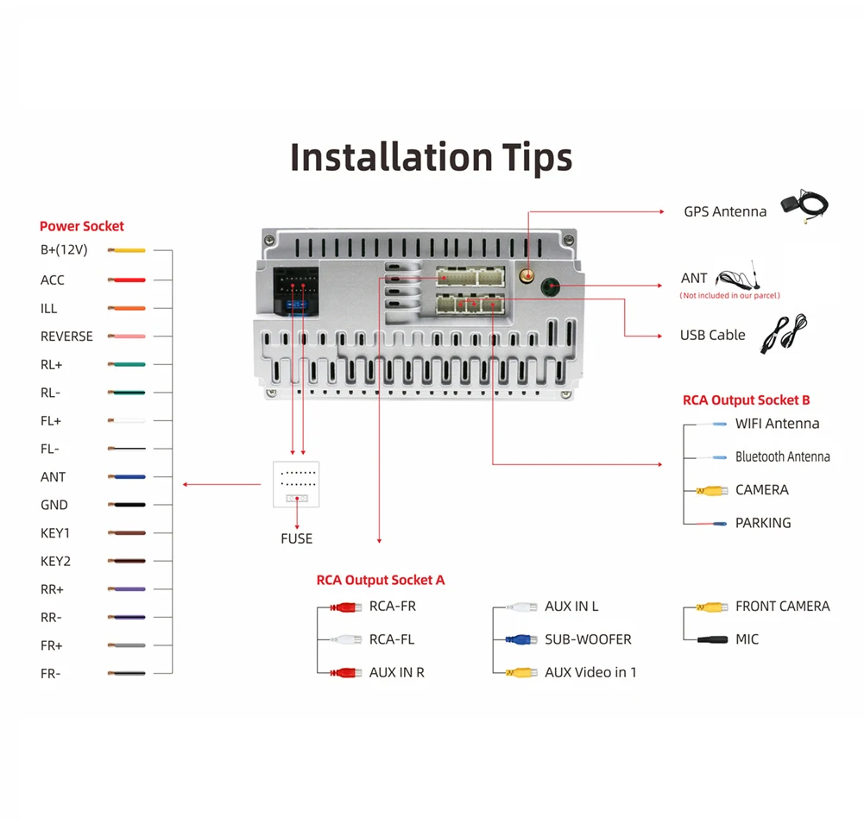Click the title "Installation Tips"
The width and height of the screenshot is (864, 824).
pyautogui.click(x=431, y=157)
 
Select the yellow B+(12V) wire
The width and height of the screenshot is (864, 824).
pyautogui.click(x=127, y=251)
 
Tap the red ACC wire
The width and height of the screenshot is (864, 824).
pyautogui.click(x=127, y=280)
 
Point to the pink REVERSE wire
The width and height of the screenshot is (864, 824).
pyautogui.click(x=127, y=337)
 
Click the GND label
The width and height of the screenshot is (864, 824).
pyautogui.click(x=54, y=505)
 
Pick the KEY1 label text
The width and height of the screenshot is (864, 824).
pyautogui.click(x=55, y=533)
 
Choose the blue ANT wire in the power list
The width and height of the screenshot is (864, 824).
pyautogui.click(x=127, y=477)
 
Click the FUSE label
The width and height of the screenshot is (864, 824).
pyautogui.click(x=296, y=538)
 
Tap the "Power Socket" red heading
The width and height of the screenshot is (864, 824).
pyautogui.click(x=82, y=226)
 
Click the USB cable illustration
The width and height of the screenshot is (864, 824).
pyautogui.click(x=783, y=333)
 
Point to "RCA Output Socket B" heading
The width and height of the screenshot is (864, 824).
pyautogui.click(x=746, y=400)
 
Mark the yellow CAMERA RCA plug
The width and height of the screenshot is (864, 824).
pyautogui.click(x=711, y=490)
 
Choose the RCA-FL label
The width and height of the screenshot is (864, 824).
pyautogui.click(x=392, y=639)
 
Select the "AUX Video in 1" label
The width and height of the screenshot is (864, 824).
pyautogui.click(x=590, y=672)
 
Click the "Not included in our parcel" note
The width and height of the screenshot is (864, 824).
pyautogui.click(x=729, y=296)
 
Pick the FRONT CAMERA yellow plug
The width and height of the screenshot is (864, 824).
pyautogui.click(x=711, y=607)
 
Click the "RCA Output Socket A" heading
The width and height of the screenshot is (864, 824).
pyautogui.click(x=381, y=580)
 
